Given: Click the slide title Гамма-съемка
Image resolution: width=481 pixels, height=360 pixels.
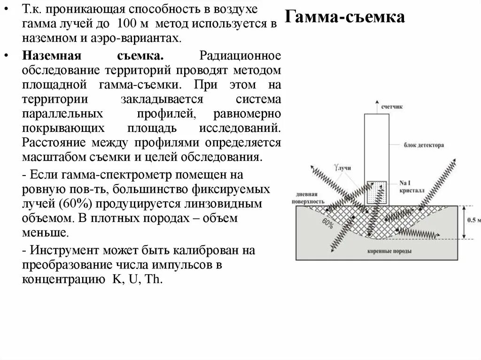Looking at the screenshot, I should click(x=345, y=18).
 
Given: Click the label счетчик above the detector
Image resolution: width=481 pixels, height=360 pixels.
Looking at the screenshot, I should click(x=392, y=107).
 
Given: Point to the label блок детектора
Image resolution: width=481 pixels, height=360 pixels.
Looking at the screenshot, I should click(x=423, y=146).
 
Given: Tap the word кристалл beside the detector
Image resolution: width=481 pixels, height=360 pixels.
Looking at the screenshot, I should click(x=412, y=191).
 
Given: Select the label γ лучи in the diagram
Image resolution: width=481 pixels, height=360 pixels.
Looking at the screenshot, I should click(x=342, y=168).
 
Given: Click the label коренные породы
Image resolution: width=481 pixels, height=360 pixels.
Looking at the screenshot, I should click(x=389, y=251).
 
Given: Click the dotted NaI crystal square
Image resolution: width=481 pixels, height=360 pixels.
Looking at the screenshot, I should click(x=376, y=192).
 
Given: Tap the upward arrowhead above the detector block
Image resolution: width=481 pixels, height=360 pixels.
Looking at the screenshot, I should click(x=376, y=101).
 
